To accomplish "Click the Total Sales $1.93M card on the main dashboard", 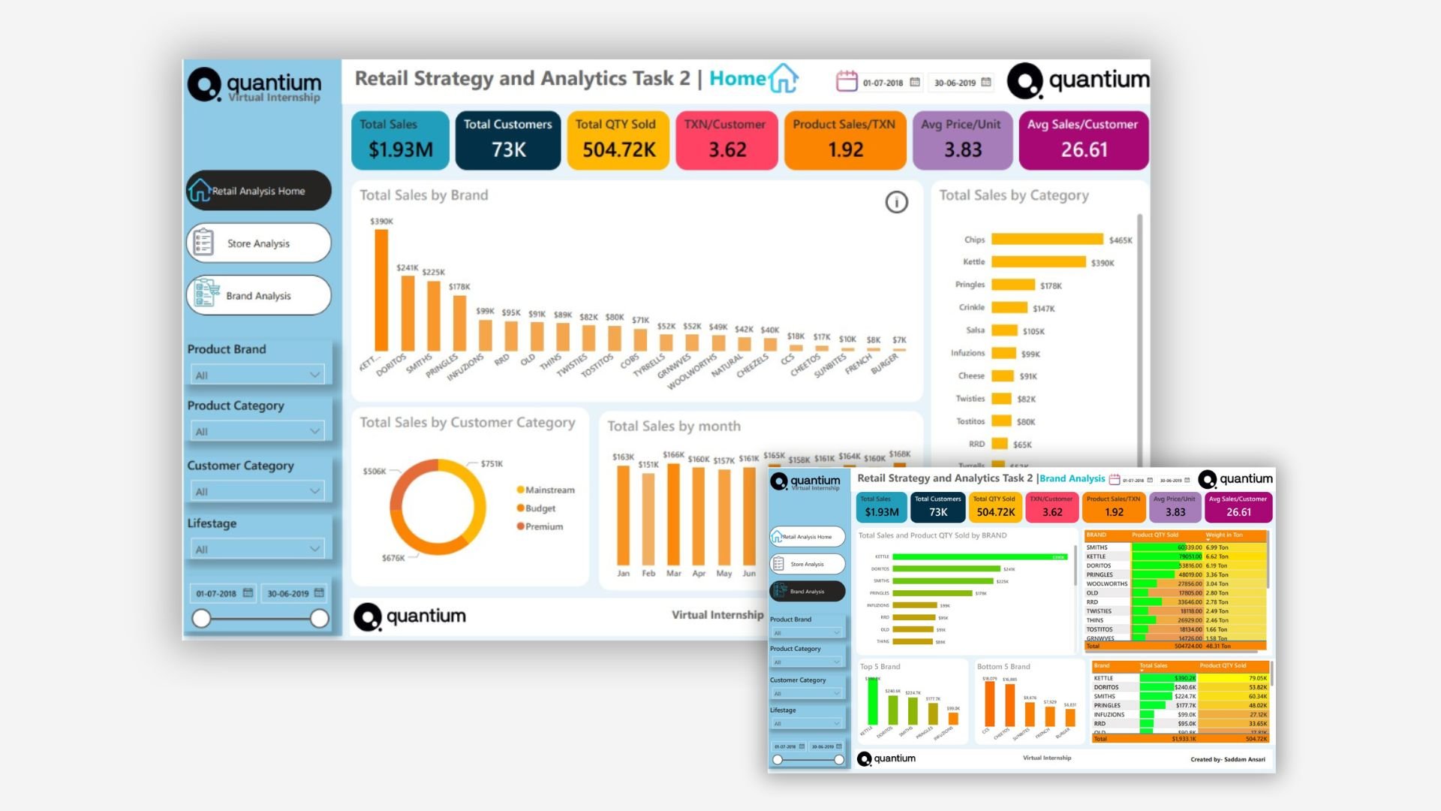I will [400, 140].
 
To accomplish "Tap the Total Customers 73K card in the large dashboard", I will [508, 140].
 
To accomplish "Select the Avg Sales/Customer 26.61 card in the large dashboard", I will [1083, 140].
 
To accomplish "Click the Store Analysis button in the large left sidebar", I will [258, 243].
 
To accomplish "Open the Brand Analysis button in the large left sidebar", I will [258, 296].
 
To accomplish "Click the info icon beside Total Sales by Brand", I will [896, 202].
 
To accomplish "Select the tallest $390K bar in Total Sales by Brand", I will [381, 290].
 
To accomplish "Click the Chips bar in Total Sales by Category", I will [1047, 240].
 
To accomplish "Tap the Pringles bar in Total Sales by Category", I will [1013, 285].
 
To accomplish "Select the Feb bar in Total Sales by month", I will [648, 518].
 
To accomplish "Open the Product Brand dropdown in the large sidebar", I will [257, 375].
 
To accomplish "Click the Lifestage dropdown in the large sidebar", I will [257, 549].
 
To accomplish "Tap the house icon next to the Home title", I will [783, 78].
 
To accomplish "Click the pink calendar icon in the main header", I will [847, 81].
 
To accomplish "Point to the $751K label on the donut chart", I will [492, 464].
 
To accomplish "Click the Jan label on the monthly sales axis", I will [623, 573].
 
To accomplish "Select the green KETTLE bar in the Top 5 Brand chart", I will [872, 702].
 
